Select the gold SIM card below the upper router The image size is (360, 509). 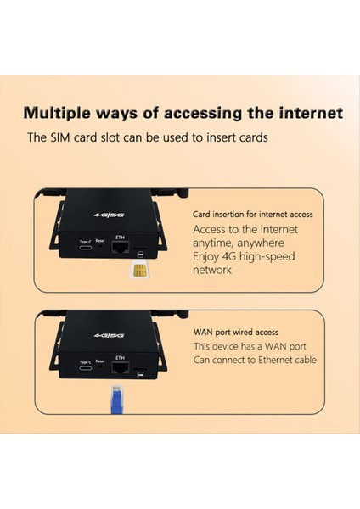click(138, 271)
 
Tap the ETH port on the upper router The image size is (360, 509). click(120, 248)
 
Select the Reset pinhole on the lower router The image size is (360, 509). click(100, 369)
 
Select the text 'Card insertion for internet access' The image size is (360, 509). click(253, 215)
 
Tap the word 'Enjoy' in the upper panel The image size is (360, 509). click(209, 256)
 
